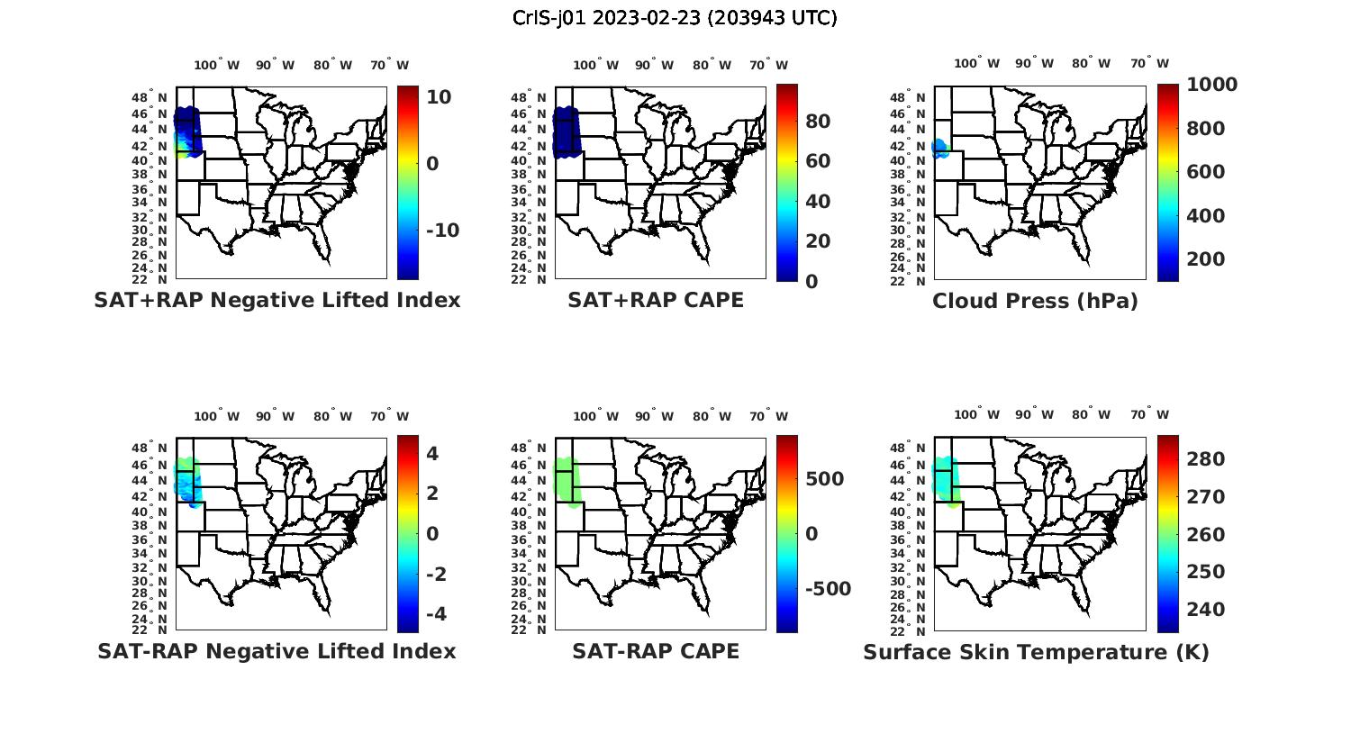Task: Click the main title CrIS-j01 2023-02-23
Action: click(x=675, y=18)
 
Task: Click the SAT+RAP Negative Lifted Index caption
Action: click(x=277, y=301)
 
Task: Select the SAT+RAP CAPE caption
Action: click(x=656, y=301)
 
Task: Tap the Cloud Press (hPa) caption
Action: click(x=1035, y=302)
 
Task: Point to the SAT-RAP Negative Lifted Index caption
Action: click(x=277, y=651)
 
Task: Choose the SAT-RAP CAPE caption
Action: click(x=656, y=651)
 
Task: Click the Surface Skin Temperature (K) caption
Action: click(x=1036, y=652)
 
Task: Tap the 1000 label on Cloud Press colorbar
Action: click(x=1211, y=85)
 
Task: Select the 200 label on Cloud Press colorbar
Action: click(x=1205, y=259)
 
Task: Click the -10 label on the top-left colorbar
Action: click(x=442, y=231)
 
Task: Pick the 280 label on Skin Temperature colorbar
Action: click(x=1205, y=459)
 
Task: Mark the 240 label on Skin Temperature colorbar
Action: click(x=1205, y=610)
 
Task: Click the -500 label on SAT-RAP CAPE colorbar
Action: click(x=828, y=589)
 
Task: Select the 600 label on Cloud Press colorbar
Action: click(x=1205, y=172)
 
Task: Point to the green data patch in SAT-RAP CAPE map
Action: click(x=567, y=481)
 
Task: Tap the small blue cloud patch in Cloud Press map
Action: click(x=940, y=149)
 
